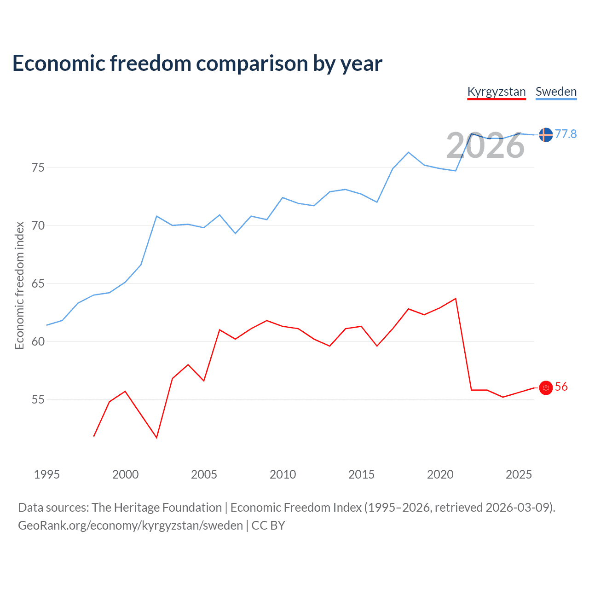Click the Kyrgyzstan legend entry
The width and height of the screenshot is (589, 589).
pyautogui.click(x=497, y=92)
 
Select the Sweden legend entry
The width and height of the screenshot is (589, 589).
pyautogui.click(x=556, y=92)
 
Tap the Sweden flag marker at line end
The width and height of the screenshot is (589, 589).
pyautogui.click(x=546, y=135)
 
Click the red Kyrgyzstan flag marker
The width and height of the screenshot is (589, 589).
pyautogui.click(x=546, y=388)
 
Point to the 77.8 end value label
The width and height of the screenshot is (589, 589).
pyautogui.click(x=566, y=134)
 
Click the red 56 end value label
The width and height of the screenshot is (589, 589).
pyautogui.click(x=561, y=387)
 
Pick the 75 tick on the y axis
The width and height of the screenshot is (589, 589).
pyautogui.click(x=38, y=167)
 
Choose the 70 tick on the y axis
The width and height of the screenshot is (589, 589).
pyautogui.click(x=38, y=225)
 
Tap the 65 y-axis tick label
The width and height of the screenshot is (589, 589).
pyautogui.click(x=38, y=283)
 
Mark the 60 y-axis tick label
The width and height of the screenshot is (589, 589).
pyautogui.click(x=38, y=341)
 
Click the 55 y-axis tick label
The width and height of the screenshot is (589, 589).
pyautogui.click(x=38, y=399)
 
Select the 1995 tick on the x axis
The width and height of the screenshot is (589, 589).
pyautogui.click(x=47, y=474)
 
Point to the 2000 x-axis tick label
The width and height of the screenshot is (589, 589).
pyautogui.click(x=126, y=474)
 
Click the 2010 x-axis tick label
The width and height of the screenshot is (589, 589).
pyautogui.click(x=283, y=474)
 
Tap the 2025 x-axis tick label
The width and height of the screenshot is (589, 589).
pyautogui.click(x=519, y=474)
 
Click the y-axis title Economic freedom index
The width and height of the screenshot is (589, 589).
pyautogui.click(x=19, y=285)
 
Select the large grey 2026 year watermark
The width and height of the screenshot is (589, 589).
pyautogui.click(x=485, y=146)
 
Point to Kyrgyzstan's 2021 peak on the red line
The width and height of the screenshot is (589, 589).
pyautogui.click(x=456, y=298)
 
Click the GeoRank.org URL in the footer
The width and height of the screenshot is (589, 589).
pyautogui.click(x=130, y=525)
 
